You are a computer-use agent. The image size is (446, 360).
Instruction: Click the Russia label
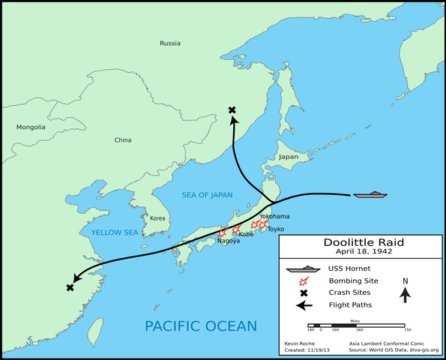tap(170, 43)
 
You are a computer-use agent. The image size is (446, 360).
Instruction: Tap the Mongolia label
tap(31, 127)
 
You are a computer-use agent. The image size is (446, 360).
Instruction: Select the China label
tap(122, 140)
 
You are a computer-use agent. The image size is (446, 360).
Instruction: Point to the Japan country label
tap(288, 157)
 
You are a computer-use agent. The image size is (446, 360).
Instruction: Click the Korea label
tap(157, 218)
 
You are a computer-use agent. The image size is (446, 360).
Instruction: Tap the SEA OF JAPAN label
tap(207, 195)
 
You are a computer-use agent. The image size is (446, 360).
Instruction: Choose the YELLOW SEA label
tap(115, 232)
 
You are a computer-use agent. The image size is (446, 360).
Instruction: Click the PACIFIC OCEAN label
tap(200, 325)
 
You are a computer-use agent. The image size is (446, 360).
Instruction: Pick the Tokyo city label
tap(276, 229)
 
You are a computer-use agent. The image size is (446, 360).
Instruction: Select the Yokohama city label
tap(274, 215)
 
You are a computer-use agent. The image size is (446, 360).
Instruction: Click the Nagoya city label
tap(229, 241)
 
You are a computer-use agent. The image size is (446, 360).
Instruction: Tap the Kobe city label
tap(247, 234)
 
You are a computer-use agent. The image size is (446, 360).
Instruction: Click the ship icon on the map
tap(371, 195)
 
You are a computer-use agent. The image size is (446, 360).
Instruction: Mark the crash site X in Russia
tap(232, 110)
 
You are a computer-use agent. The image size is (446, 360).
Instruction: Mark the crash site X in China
tap(70, 288)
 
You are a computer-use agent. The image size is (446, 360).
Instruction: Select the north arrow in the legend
tap(405, 293)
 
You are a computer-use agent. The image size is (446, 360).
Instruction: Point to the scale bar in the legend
tap(359, 323)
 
